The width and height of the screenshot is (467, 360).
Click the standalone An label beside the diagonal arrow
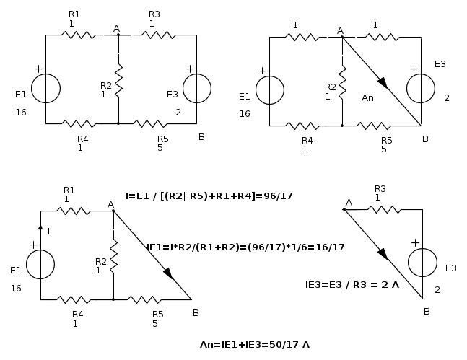[x=367, y=97]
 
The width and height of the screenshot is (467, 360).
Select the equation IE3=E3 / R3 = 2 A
[x=352, y=285]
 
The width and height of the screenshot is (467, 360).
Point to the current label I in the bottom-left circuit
[x=48, y=231]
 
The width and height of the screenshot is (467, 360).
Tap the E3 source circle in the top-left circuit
[x=197, y=89]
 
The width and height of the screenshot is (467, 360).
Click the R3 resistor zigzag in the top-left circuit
[x=159, y=35]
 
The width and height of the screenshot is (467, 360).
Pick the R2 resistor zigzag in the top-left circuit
[x=118, y=80]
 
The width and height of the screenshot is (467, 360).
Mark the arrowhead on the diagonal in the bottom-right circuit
[x=383, y=254]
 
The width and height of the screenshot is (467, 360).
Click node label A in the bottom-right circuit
[x=349, y=203]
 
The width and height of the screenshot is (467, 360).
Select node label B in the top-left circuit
[x=201, y=136]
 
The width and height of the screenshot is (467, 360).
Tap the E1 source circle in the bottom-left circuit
[x=40, y=265]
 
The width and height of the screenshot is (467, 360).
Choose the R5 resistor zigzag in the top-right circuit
[x=374, y=126]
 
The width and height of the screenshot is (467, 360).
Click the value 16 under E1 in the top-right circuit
[x=245, y=114]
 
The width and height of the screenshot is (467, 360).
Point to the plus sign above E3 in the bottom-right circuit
[x=415, y=243]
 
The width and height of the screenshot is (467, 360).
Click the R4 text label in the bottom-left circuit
[x=78, y=314]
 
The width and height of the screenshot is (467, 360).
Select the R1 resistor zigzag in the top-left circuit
[x=79, y=35]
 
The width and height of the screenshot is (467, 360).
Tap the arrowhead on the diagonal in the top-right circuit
[x=383, y=83]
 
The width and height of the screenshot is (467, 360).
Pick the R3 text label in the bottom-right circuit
[x=380, y=188]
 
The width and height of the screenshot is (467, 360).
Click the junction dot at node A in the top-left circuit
[x=118, y=35]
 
